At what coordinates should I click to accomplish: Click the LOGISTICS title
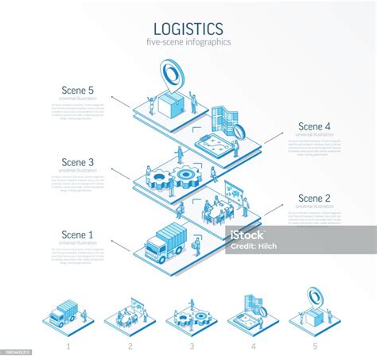[x=188, y=28]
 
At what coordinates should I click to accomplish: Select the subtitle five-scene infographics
[x=188, y=42]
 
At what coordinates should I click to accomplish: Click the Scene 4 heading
[x=314, y=126]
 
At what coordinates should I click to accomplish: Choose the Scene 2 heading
[x=314, y=198]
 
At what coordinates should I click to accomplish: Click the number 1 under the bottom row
[x=68, y=346]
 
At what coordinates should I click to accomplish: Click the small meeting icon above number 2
[x=127, y=312]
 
